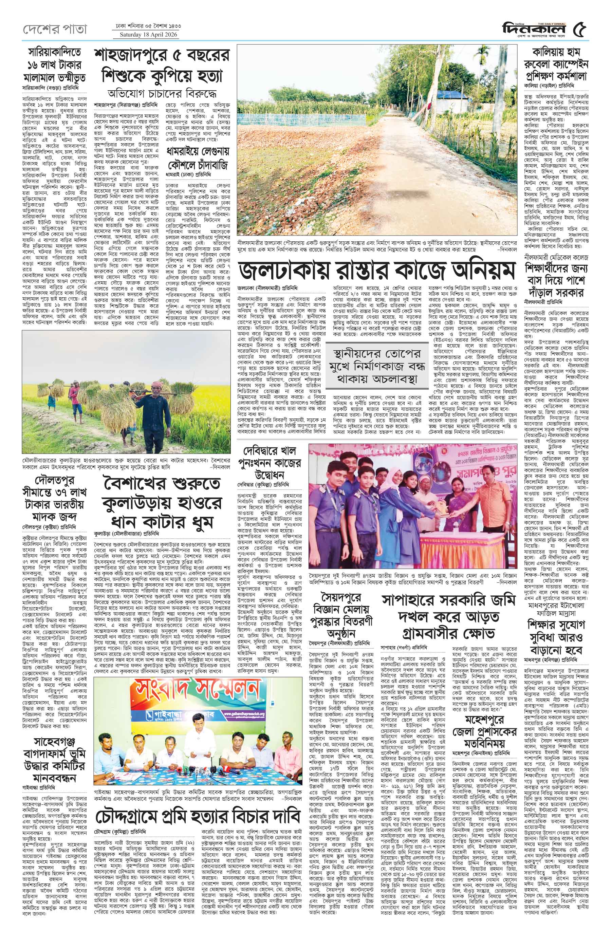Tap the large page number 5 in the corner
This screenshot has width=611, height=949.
coord(581,29)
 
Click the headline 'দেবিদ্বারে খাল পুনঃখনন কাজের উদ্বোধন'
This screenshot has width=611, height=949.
coord(270,462)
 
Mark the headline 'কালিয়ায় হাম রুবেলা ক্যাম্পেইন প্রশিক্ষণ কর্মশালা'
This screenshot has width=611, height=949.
coord(560,64)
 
